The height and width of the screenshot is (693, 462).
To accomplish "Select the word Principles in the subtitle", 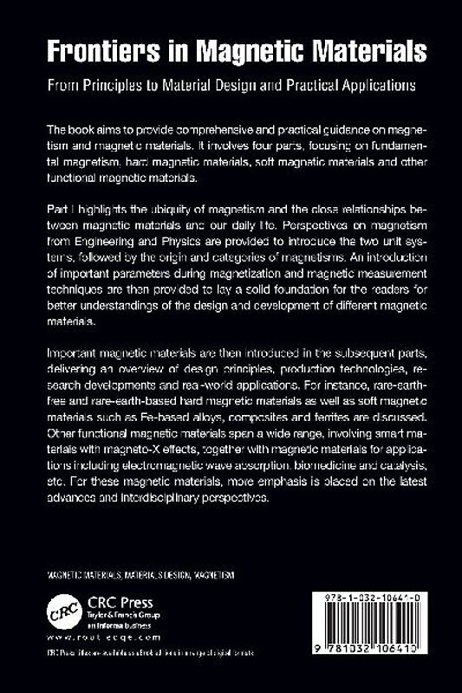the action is point(129,86).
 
